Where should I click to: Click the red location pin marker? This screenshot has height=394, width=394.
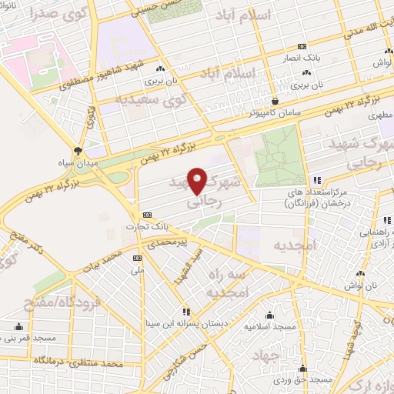(x=197, y=182)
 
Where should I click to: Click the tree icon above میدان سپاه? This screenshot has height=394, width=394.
(x=78, y=150)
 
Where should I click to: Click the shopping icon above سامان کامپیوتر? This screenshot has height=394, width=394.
(x=275, y=99)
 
